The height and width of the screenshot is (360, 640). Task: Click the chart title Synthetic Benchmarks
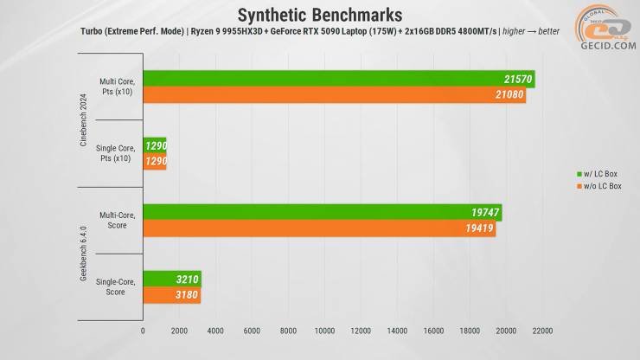[320, 15]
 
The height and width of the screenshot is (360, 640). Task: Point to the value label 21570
[517, 80]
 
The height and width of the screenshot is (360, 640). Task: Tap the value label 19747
[484, 213]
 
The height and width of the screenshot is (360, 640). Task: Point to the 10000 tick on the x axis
[325, 331]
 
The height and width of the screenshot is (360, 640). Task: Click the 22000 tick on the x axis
[542, 331]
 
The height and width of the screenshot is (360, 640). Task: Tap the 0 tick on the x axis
[143, 331]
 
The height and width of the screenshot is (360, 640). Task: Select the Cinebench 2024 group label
[84, 120]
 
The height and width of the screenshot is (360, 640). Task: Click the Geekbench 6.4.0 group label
[84, 254]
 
